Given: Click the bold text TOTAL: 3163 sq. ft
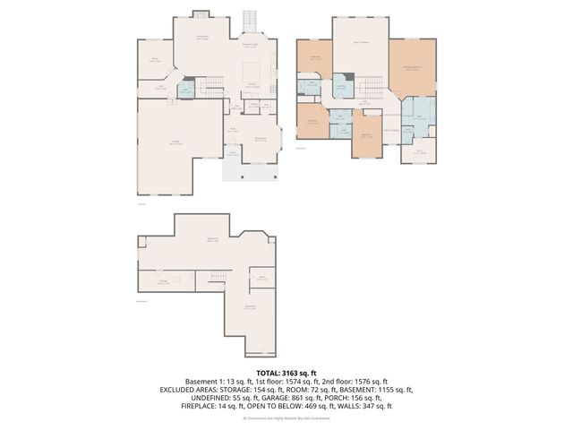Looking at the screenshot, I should [286, 372].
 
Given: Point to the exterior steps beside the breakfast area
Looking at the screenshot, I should [251, 21].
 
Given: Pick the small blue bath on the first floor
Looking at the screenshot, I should [185, 90].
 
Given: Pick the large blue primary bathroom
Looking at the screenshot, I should [419, 116].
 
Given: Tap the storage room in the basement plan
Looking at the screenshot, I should [164, 281].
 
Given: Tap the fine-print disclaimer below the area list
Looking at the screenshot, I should [286, 418].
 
